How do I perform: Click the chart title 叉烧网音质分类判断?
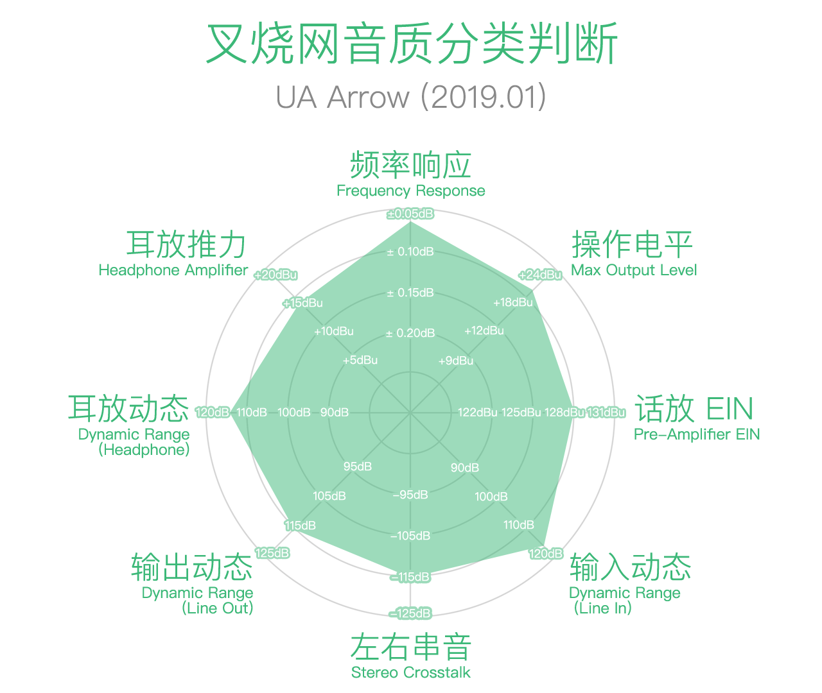411,44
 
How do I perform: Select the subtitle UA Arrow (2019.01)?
411,98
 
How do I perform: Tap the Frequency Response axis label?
411,191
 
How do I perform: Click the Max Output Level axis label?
634,270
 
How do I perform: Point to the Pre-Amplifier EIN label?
697,434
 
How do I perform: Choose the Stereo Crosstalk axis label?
411,672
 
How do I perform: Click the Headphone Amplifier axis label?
173,270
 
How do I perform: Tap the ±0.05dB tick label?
410,214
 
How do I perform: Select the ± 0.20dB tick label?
410,333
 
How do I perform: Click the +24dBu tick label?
540,275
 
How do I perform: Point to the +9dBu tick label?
456,361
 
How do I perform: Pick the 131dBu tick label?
606,412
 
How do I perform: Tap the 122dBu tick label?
478,412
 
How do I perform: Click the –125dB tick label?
410,613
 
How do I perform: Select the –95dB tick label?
410,495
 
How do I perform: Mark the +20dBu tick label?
275,275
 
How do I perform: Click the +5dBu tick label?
360,360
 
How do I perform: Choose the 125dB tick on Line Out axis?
272,552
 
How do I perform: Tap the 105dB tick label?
329,496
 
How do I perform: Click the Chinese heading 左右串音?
411,647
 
